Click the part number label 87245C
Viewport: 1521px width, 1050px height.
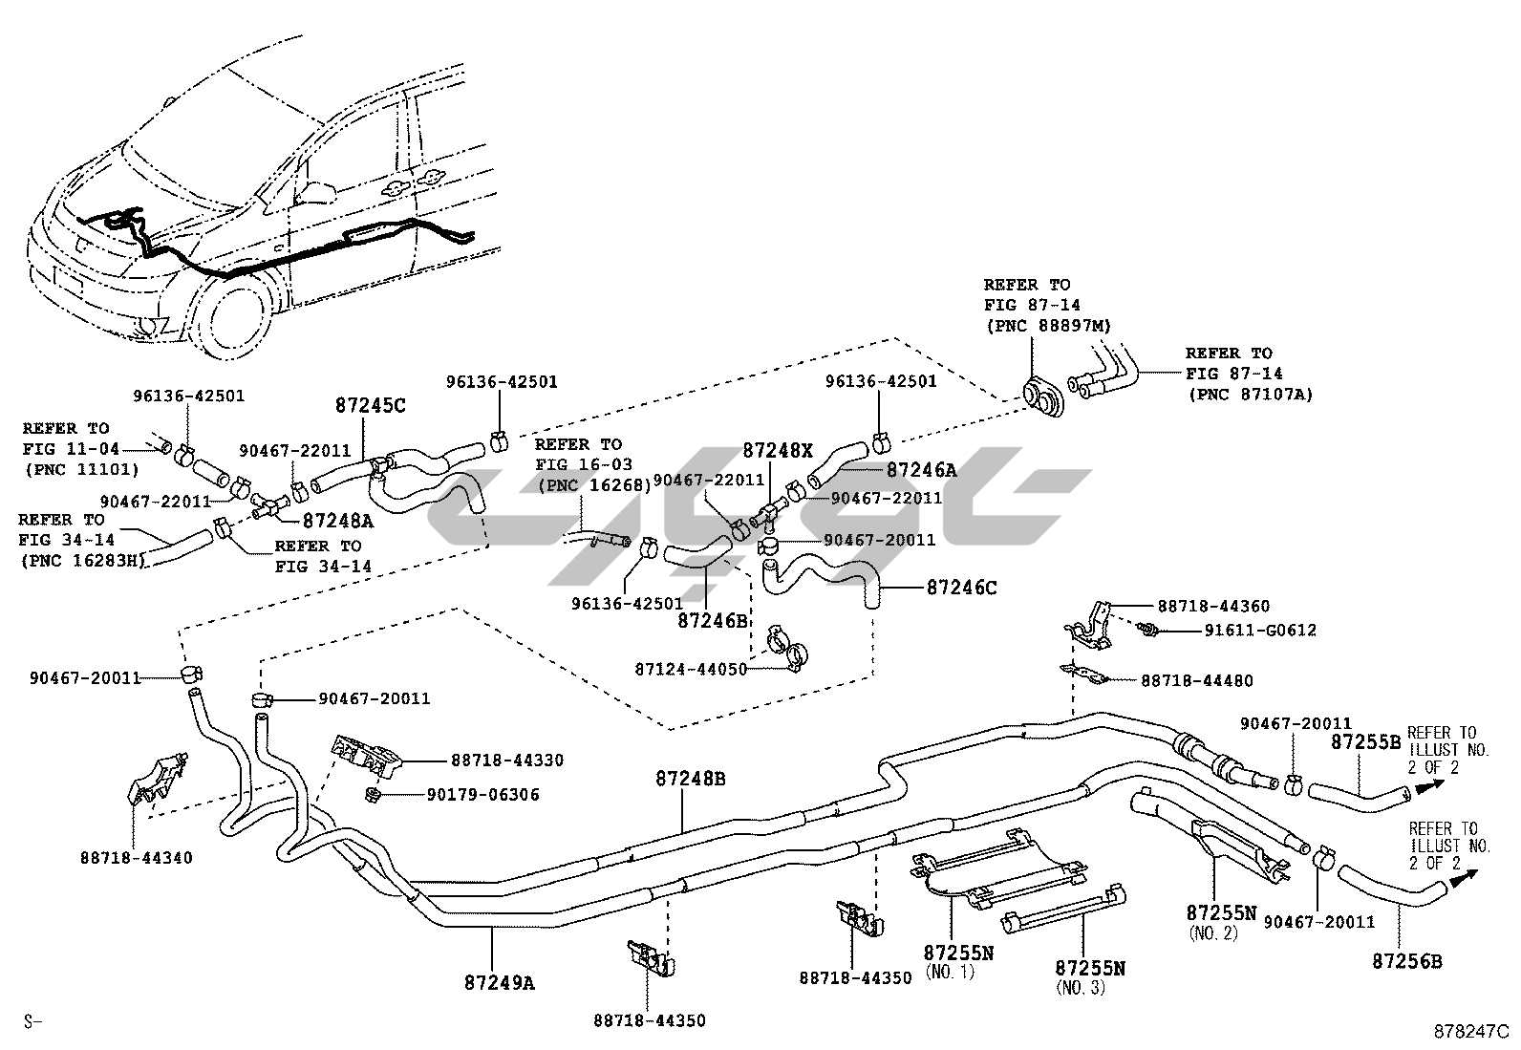click(x=370, y=405)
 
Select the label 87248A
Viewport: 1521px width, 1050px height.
click(x=337, y=521)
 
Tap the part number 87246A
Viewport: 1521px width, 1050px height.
click(x=921, y=470)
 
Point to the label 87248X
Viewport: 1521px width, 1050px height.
click(x=778, y=449)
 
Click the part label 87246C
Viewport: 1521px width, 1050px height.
click(x=961, y=589)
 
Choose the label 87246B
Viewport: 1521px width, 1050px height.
click(x=712, y=620)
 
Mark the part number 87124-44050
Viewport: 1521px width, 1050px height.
click(x=691, y=670)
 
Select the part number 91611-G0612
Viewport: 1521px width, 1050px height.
click(x=1246, y=631)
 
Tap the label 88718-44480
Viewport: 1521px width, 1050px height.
click(x=1196, y=681)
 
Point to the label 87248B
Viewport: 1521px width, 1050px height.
click(x=690, y=780)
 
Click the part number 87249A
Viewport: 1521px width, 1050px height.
click(x=500, y=981)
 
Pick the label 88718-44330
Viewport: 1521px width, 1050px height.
click(x=506, y=761)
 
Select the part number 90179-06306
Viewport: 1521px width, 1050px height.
click(x=482, y=795)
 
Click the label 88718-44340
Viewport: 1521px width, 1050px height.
click(x=136, y=858)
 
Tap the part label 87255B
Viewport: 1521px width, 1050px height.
click(x=1365, y=742)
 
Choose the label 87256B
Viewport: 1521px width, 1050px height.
click(x=1406, y=962)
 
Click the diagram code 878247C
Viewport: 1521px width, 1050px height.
click(x=1470, y=1032)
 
